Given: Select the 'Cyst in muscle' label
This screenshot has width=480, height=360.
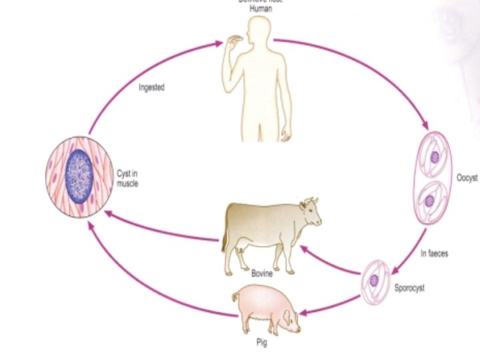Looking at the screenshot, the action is click(127, 179).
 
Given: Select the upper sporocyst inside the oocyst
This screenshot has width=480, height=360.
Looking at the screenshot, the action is click(434, 157).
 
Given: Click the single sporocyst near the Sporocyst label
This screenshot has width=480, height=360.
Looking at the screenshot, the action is click(375, 281).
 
